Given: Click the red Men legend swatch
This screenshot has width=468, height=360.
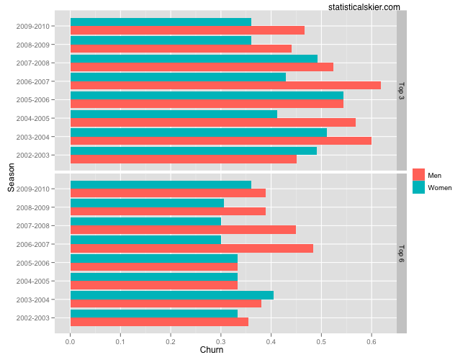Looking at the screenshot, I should pos(419,175).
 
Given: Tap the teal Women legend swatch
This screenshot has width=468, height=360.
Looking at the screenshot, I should pos(419,187).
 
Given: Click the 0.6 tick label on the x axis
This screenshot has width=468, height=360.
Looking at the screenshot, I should pos(372,341).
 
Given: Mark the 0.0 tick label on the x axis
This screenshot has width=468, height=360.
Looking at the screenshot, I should pos(70,341).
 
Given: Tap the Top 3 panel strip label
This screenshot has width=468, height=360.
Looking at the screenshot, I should pos(401,91).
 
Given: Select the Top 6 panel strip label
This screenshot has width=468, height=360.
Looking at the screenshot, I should pos(401,253).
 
